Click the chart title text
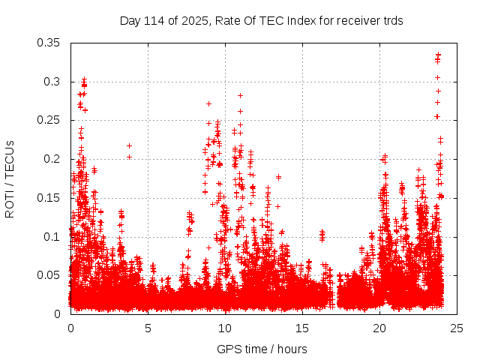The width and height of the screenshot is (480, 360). click(262, 21)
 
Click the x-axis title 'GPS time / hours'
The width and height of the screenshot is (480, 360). click(262, 349)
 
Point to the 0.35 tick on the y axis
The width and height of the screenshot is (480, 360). click(50, 42)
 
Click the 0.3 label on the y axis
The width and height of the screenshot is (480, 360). click(53, 81)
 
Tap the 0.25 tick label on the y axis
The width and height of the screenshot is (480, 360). click(50, 120)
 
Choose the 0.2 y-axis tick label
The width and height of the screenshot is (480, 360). click(53, 159)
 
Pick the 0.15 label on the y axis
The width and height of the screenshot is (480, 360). click(50, 198)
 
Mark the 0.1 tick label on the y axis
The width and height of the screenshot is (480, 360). click(53, 236)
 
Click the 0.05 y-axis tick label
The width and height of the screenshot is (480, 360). click(50, 275)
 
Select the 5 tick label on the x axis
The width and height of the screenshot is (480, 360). click(148, 328)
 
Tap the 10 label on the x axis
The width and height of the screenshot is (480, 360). click(225, 328)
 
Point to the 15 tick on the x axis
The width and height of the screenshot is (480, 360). click(302, 328)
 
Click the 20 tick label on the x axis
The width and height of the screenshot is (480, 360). click(379, 328)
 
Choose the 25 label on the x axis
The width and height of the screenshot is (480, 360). click(457, 328)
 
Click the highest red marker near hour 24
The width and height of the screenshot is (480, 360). click(439, 55)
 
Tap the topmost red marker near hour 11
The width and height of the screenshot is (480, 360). click(240, 95)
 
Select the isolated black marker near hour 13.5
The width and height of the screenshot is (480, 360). click(278, 177)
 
